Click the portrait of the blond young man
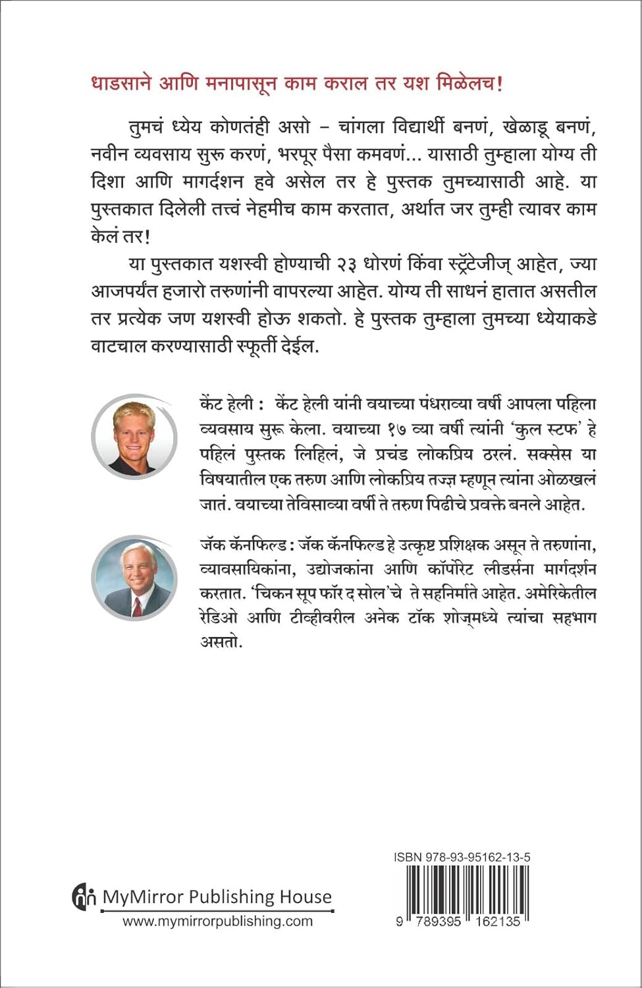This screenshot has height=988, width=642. click(133, 437)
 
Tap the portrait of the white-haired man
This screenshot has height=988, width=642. click(134, 577)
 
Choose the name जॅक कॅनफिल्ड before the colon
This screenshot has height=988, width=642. click(242, 545)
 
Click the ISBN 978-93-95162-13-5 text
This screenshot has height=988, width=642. click(462, 858)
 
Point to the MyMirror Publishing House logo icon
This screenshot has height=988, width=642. click(84, 898)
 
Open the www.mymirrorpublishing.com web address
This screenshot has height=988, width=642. click(217, 921)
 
